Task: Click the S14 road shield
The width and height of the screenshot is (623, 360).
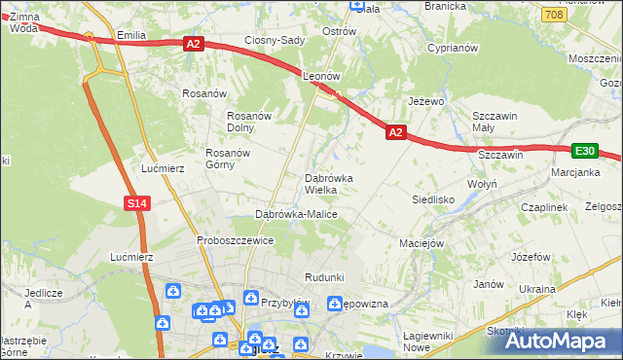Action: [x=136, y=202]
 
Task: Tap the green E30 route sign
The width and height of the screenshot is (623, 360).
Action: [x=584, y=151]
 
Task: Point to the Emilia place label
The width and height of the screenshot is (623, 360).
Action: [x=130, y=35]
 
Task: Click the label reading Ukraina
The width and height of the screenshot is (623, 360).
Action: [x=536, y=289]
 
